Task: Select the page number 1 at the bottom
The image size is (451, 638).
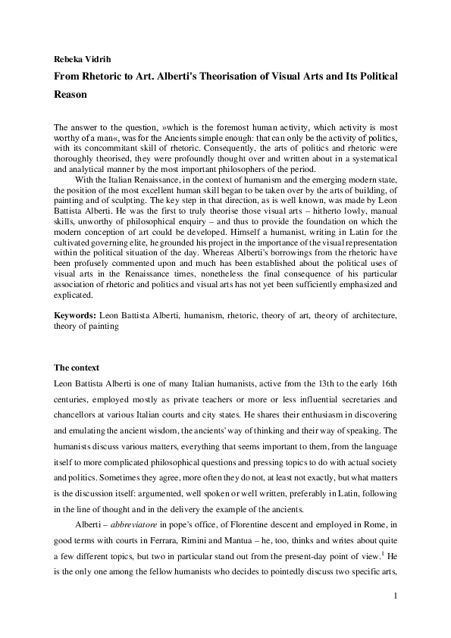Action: click(395, 618)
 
